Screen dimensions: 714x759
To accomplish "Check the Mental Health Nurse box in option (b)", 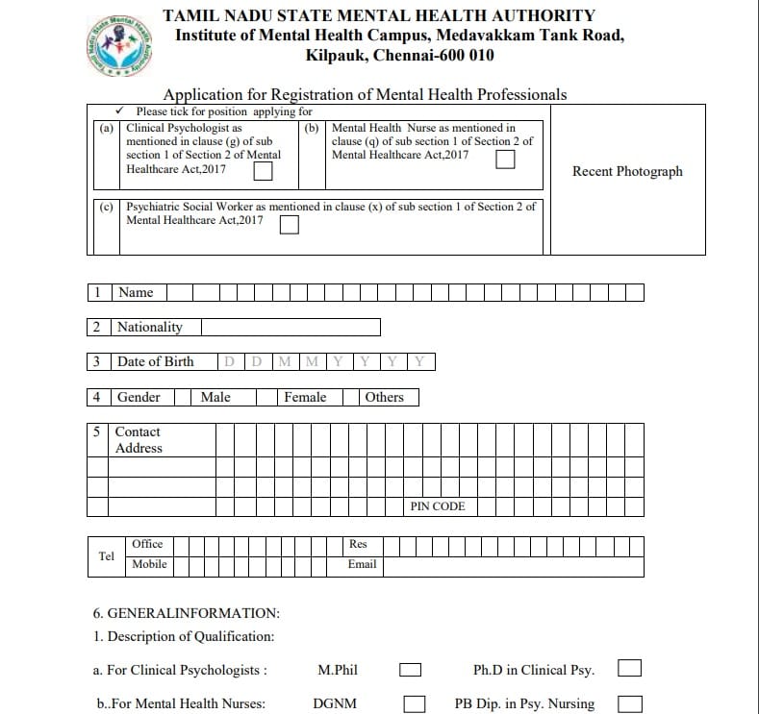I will point(505,160).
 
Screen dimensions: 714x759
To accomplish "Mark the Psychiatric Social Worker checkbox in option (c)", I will point(289,224).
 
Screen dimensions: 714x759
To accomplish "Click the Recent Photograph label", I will point(627,171).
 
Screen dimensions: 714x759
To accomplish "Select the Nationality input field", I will point(290,328).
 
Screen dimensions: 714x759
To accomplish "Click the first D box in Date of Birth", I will point(230,362).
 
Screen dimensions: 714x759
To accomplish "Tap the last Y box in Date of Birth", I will point(420,362).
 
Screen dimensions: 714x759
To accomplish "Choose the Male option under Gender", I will point(215,397).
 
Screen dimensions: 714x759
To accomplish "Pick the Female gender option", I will point(305,397).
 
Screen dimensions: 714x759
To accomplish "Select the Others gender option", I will point(385,397).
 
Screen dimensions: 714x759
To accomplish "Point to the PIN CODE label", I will point(438,506).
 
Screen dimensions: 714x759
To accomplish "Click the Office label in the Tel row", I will point(147,544).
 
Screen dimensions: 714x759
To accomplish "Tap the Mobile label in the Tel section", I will point(149,564).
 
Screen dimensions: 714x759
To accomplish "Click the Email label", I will point(362,564).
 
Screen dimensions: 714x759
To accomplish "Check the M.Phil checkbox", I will point(412,669).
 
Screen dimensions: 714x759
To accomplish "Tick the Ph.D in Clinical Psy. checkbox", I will point(630,668).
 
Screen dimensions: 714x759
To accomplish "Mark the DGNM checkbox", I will point(415,703).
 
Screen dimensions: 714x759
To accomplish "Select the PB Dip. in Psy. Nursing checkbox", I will point(630,703).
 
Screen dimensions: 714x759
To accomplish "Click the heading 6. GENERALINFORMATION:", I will point(186,613).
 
